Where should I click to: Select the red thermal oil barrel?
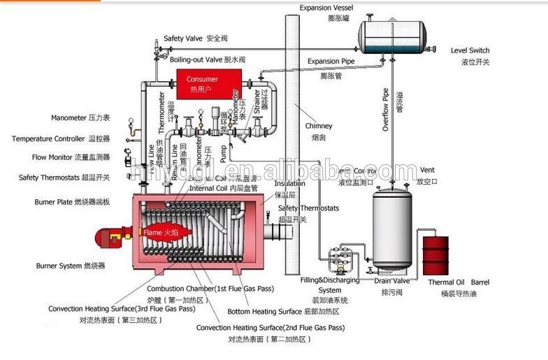[435, 256]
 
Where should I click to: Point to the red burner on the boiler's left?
[112, 236]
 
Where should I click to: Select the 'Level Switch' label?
[470, 50]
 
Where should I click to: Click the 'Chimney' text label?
[319, 126]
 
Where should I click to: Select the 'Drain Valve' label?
[391, 281]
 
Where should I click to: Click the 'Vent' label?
[427, 170]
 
